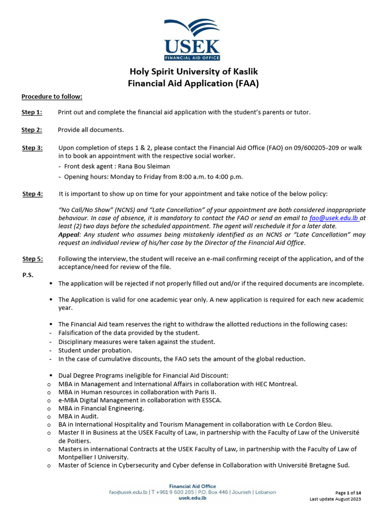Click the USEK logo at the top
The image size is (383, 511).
(192, 39)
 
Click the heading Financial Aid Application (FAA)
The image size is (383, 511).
(193, 83)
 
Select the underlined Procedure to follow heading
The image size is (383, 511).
(52, 96)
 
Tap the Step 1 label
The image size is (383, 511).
(32, 112)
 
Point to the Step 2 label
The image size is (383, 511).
(32, 130)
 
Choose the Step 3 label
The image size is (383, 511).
(32, 148)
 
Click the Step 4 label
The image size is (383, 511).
(33, 194)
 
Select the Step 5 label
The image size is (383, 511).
(33, 258)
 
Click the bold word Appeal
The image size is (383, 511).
(69, 235)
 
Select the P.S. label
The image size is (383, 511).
(27, 275)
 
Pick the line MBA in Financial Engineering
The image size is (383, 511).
(101, 408)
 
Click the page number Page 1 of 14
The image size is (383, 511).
(348, 493)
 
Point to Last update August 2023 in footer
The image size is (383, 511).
(336, 499)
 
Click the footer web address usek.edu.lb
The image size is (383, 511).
(192, 498)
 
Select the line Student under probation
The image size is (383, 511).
(95, 350)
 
